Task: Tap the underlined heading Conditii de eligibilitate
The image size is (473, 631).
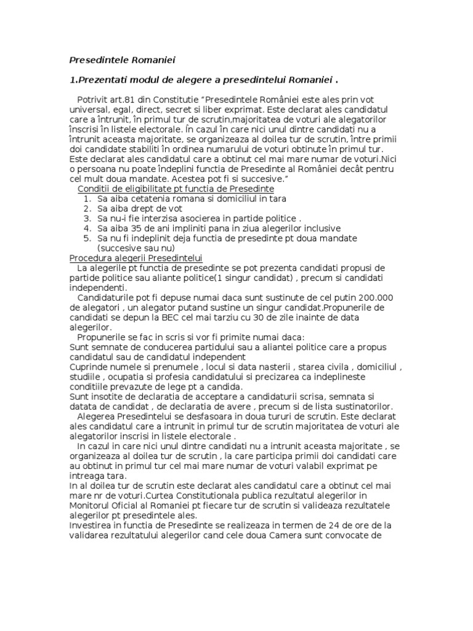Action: pos(176,188)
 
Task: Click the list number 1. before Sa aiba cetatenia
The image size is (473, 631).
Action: pos(87,198)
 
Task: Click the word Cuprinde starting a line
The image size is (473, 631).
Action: pos(89,367)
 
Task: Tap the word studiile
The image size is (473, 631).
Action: pos(85,377)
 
